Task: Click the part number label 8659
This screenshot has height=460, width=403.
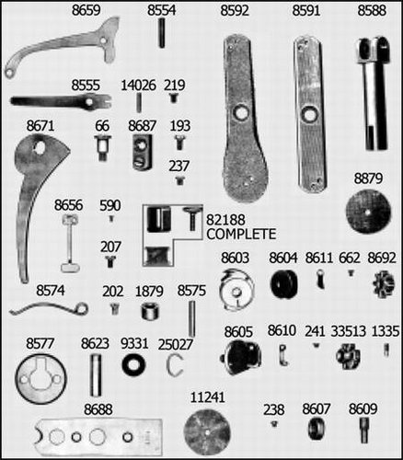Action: (x=86, y=10)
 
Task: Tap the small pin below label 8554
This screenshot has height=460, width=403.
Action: (x=162, y=33)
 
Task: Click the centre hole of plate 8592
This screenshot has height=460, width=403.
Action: (x=242, y=113)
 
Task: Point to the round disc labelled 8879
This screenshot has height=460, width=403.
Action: (x=368, y=211)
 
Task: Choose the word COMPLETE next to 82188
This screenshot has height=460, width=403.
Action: (x=241, y=234)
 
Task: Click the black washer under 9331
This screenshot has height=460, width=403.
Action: (x=133, y=365)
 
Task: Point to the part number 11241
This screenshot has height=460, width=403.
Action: (x=208, y=397)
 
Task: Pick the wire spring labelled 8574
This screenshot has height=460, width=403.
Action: (x=49, y=309)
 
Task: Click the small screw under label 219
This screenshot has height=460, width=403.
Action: (x=174, y=98)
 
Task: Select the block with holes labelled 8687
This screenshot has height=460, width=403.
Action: (x=143, y=152)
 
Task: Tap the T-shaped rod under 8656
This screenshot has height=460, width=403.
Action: (x=71, y=244)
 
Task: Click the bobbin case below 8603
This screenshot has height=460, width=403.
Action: (x=237, y=290)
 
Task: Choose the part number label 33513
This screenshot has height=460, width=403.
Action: (x=349, y=331)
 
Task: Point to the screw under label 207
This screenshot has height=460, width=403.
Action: (x=110, y=261)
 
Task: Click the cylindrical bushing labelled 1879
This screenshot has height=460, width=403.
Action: (x=151, y=311)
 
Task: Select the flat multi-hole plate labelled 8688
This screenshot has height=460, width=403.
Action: (x=99, y=437)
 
